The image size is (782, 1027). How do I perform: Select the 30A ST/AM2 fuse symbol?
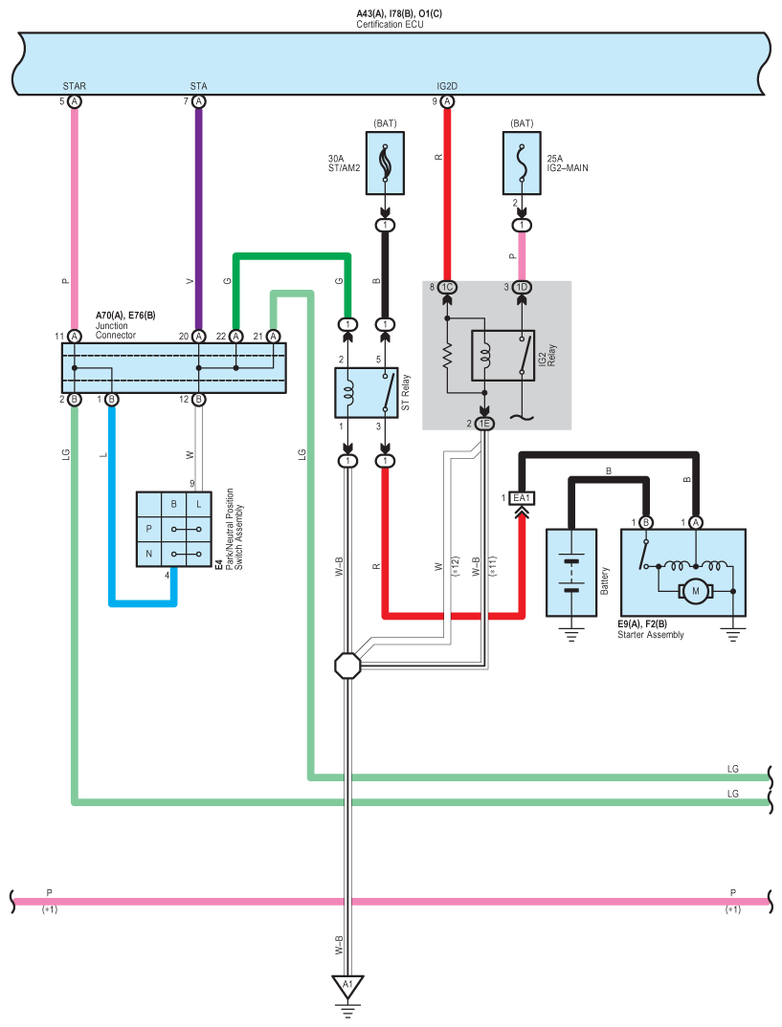coord(385,164)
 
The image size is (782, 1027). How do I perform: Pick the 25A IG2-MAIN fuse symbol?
coord(522,164)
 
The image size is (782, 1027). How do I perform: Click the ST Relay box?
coord(366,391)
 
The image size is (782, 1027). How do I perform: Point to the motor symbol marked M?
coord(696,593)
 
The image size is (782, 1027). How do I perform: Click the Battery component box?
coord(571,572)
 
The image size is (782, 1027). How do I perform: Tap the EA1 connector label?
coord(522,498)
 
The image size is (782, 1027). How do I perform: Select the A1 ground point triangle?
coord(347,985)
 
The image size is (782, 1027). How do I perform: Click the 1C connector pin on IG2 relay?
coord(447,287)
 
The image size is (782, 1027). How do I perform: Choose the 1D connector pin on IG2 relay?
coord(522,287)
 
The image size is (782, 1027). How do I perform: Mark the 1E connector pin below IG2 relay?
coord(483,423)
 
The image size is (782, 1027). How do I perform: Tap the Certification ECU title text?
coord(390,24)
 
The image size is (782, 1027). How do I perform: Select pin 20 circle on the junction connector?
coord(198,336)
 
